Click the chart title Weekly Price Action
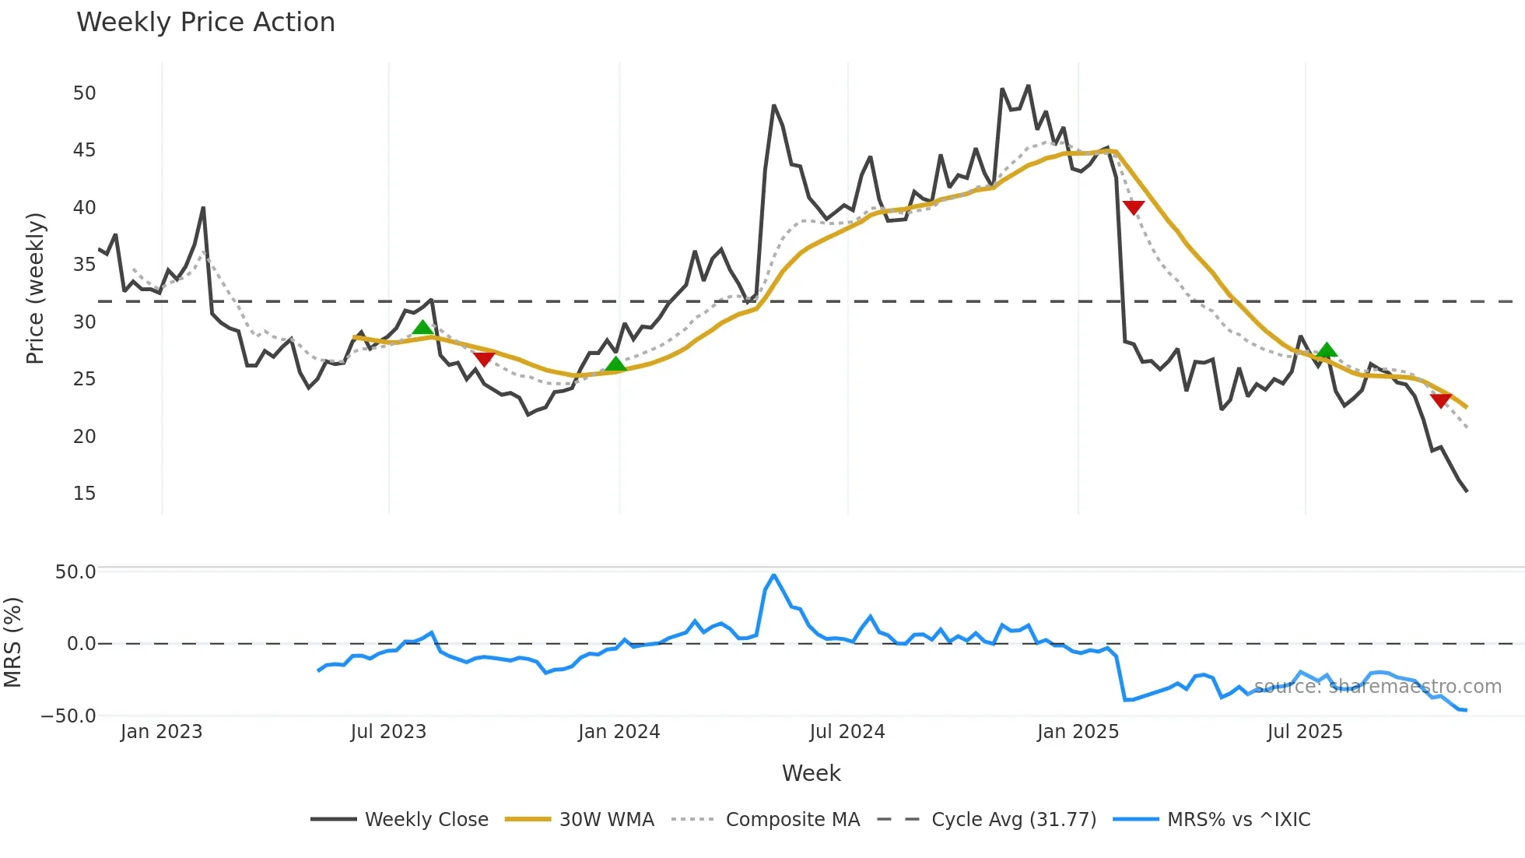pos(205,23)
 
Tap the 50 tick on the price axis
pos(84,93)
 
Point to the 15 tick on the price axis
pos(84,494)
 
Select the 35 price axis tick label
pos(84,265)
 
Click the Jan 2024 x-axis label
pos(619,732)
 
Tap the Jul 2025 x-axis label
pos(1305,732)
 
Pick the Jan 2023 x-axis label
pos(161,732)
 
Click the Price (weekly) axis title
pos(35,289)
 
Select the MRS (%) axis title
pos(13,642)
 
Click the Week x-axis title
pos(811,773)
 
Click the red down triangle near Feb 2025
pos(1134,207)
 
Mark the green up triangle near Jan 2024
pos(615,364)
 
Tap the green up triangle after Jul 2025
pos(1327,350)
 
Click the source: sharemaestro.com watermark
pos(1377,687)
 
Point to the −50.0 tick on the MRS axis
pos(68,716)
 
